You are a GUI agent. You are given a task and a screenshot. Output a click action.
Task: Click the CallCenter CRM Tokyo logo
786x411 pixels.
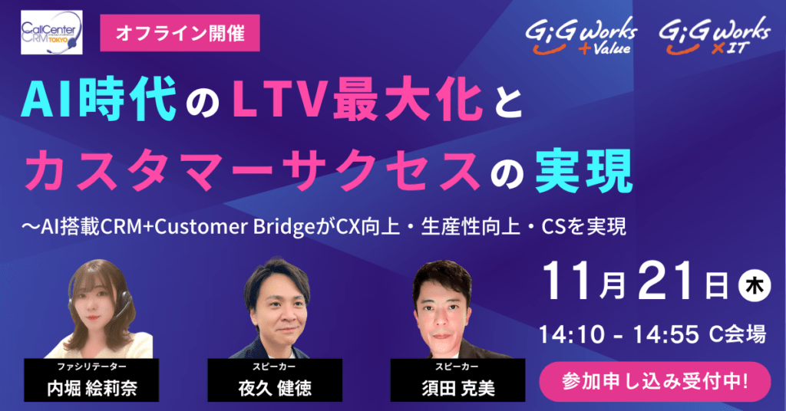click(51, 32)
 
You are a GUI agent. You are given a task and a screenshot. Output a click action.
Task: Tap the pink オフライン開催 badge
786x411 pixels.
click(180, 33)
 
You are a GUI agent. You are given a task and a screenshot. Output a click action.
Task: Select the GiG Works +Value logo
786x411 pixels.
click(581, 35)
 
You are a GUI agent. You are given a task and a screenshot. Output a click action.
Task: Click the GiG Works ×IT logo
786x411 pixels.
click(715, 35)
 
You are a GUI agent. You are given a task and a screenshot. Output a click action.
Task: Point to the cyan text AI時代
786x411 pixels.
click(98, 99)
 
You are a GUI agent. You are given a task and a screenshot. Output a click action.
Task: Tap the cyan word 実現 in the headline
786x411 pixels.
click(583, 171)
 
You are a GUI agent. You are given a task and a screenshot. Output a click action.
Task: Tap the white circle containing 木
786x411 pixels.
click(755, 285)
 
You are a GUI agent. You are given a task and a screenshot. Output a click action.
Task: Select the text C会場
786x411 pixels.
click(738, 334)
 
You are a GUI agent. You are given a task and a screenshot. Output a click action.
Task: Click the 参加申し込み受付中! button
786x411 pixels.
click(656, 381)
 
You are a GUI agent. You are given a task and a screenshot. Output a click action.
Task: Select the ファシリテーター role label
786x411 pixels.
click(91, 367)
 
